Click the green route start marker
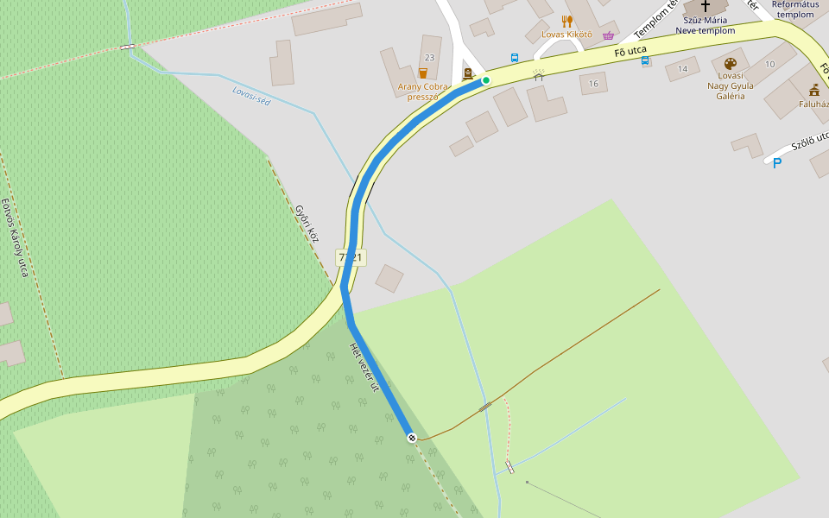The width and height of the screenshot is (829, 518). tap(485, 80)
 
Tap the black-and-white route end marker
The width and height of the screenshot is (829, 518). tap(412, 438)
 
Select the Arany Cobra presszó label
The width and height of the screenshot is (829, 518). tap(422, 92)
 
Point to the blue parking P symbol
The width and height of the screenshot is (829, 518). tap(776, 162)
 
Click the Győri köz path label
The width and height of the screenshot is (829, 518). tap(307, 224)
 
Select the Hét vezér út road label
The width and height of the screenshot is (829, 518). tap(364, 366)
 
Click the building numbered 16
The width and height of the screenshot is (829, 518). tap(593, 83)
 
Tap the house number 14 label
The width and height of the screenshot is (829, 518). tap(682, 68)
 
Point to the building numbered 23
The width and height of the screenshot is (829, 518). tap(430, 57)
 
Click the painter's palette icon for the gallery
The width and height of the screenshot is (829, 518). tap(730, 64)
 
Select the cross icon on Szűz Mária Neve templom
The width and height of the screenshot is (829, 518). tap(706, 6)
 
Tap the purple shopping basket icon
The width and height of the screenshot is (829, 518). tap(609, 35)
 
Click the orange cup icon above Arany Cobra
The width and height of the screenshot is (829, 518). tap(422, 73)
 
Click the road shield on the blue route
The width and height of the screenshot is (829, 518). tap(351, 257)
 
